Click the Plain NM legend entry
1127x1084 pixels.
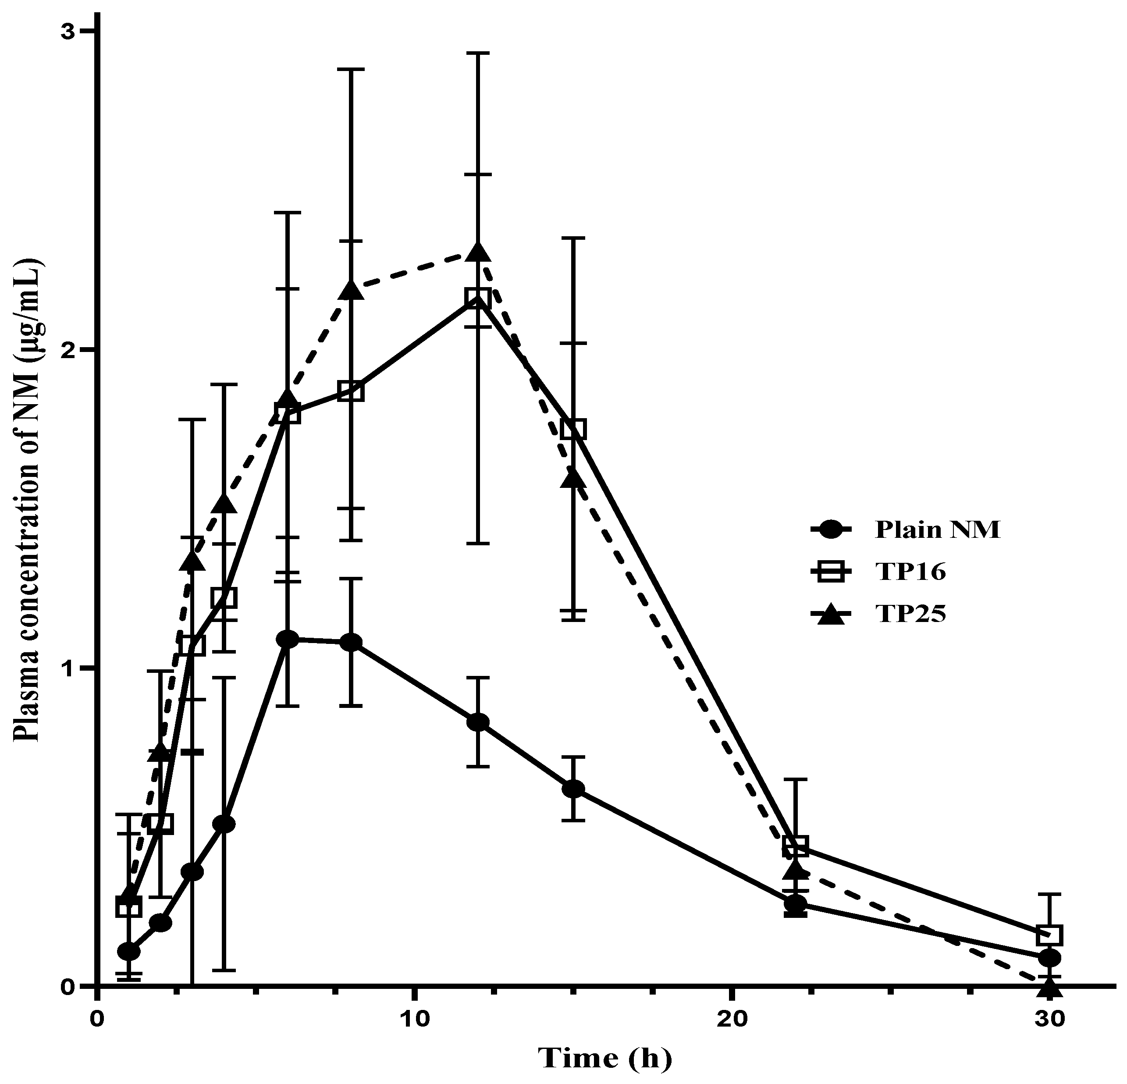click(x=937, y=529)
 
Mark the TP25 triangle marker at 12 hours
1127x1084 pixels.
click(x=477, y=253)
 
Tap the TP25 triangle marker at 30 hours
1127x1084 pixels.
click(x=1050, y=989)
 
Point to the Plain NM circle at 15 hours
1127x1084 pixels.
click(x=573, y=789)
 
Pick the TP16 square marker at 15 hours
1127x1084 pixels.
click(x=573, y=429)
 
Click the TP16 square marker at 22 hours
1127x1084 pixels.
click(x=796, y=847)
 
